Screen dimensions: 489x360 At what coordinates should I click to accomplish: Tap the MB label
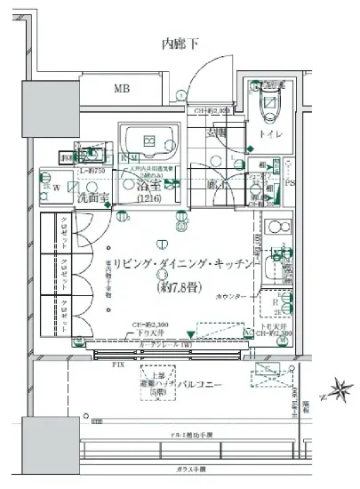click(121, 89)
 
